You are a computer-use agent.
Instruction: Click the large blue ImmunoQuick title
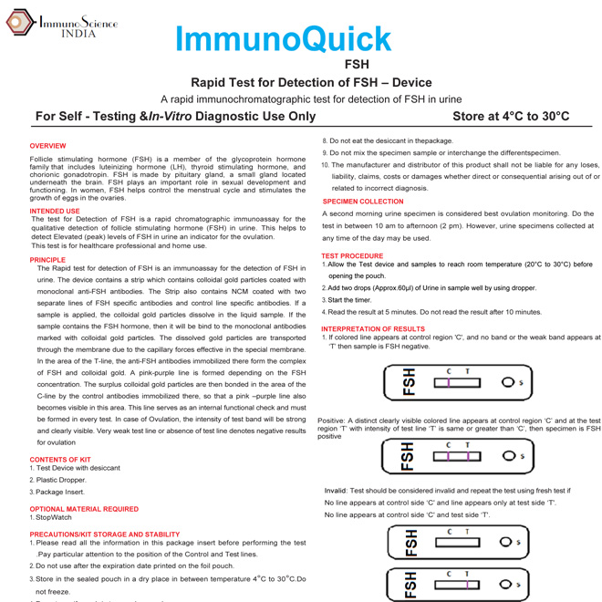(x=283, y=38)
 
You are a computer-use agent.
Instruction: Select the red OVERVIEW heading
(x=47, y=146)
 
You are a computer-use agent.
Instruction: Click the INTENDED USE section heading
(x=54, y=211)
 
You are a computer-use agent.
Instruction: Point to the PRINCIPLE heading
(x=48, y=259)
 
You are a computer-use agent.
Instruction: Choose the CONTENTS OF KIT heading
(x=60, y=460)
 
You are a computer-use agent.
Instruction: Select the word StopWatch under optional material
(x=54, y=517)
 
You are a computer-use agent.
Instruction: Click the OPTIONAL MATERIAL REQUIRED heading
(x=84, y=508)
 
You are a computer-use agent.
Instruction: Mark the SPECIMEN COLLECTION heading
(x=362, y=201)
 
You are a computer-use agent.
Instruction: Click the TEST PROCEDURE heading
(x=352, y=255)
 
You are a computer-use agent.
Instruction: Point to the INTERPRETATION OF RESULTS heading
(x=373, y=328)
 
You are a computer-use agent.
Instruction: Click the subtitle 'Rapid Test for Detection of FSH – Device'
(x=311, y=82)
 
